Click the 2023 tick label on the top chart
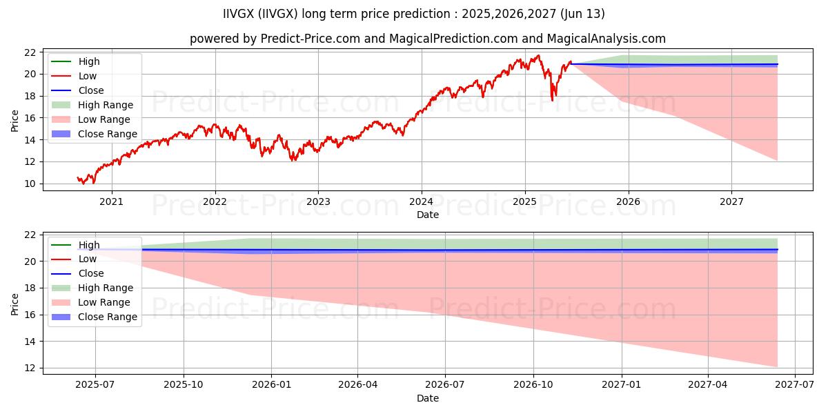click(318, 201)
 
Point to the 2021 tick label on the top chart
click(112, 201)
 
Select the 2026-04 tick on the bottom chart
click(357, 385)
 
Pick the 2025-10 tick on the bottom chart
click(184, 385)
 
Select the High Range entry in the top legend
click(106, 105)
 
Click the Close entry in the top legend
click(91, 90)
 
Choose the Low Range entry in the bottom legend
click(104, 302)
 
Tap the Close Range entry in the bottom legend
click(108, 317)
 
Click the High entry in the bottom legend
click(89, 245)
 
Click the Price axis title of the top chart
click(15, 120)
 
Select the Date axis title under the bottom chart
click(428, 398)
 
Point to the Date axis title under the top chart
click(428, 215)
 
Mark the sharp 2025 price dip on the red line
click(552, 100)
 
